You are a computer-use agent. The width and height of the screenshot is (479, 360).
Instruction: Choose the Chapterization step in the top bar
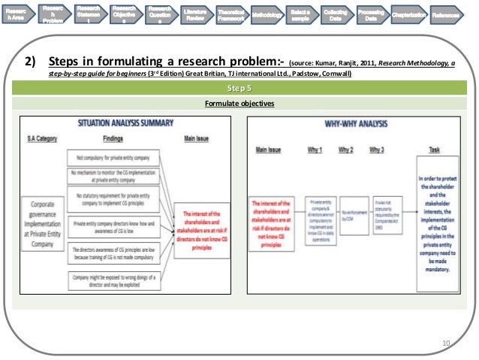click(x=408, y=15)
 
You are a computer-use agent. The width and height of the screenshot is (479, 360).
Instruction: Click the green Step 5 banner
click(x=239, y=89)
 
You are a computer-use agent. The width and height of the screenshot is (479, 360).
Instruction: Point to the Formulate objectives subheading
click(x=239, y=103)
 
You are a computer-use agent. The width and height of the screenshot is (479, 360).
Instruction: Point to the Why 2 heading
click(x=346, y=150)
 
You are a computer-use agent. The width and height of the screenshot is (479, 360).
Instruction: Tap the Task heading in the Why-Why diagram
click(x=434, y=150)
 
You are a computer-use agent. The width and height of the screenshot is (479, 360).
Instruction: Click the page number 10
click(x=447, y=344)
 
